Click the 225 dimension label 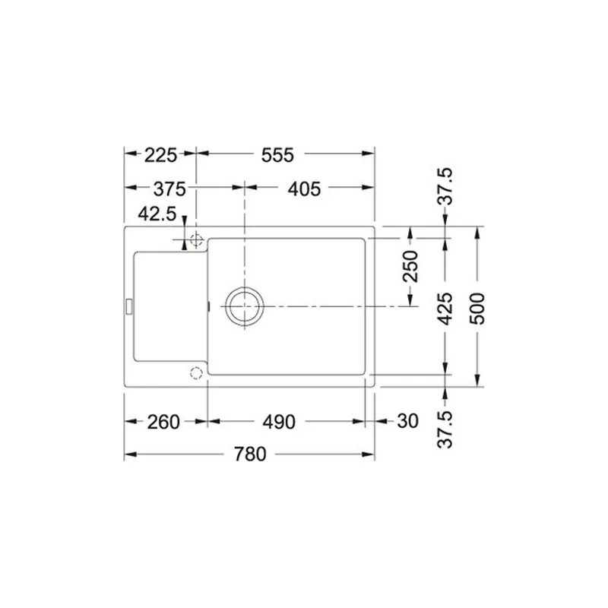(x=160, y=155)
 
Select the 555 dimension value (x=277, y=155)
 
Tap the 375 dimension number (x=169, y=188)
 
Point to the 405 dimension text (x=304, y=188)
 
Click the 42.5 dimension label (x=157, y=214)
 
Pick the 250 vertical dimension (x=411, y=266)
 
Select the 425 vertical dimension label (x=445, y=309)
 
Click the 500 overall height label (x=477, y=309)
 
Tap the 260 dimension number (x=163, y=422)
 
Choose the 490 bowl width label (x=279, y=422)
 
